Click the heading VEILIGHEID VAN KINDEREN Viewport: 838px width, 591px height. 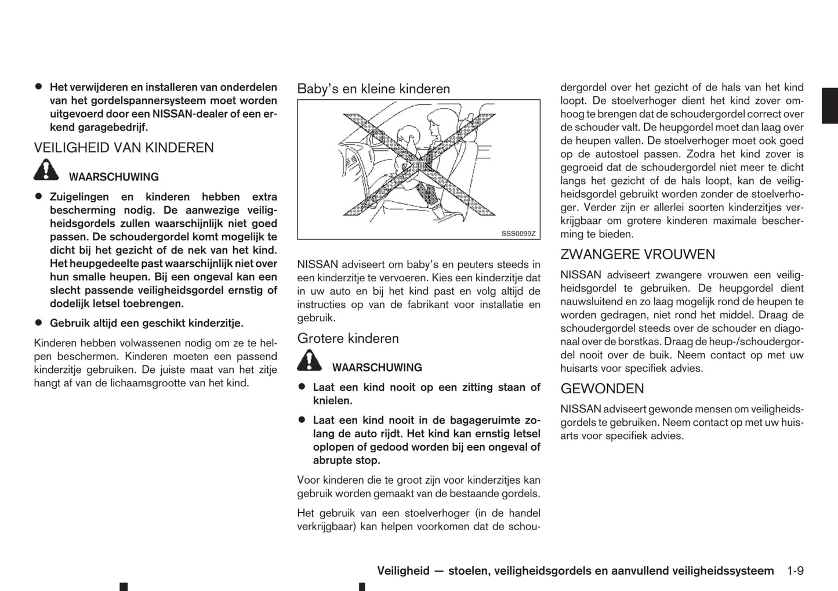coord(124,148)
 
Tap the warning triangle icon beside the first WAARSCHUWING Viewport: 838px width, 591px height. coord(46,170)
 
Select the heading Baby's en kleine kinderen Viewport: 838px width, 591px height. coord(373,89)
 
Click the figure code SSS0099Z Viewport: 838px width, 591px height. coord(518,234)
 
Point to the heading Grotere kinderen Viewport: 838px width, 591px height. coord(348,339)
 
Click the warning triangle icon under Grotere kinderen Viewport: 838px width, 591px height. coord(310,361)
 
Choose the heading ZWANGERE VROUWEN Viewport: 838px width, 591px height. coord(637,255)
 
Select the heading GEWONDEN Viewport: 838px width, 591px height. coord(602,389)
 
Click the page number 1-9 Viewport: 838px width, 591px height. coord(795,571)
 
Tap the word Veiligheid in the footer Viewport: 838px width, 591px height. coord(403,571)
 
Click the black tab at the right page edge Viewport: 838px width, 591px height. coord(830,106)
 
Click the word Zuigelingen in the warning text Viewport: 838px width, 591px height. coord(79,197)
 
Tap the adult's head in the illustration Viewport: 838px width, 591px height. coord(435,123)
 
